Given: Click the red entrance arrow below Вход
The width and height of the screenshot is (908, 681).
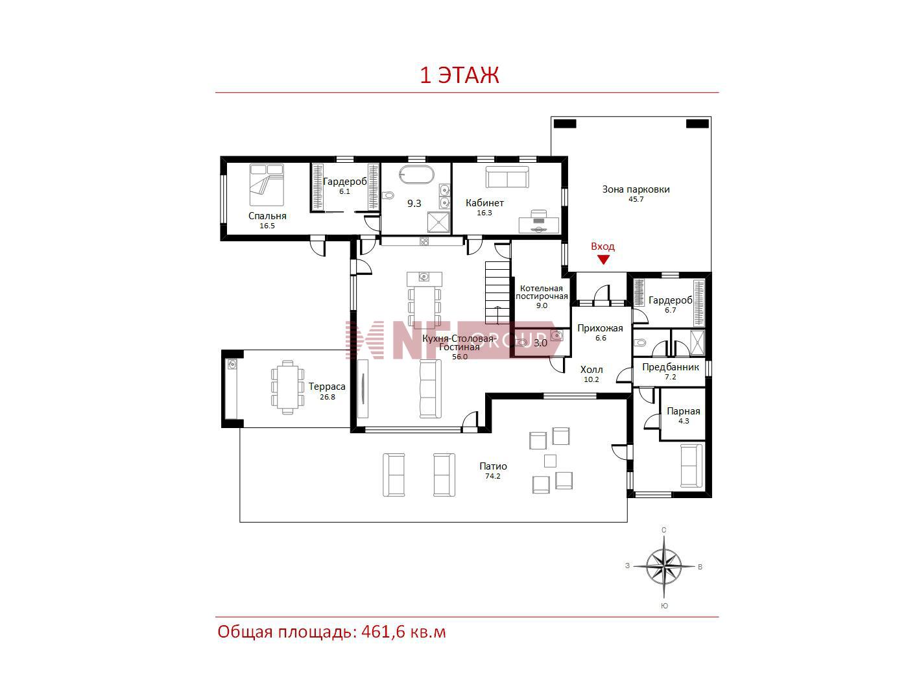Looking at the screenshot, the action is [603, 259].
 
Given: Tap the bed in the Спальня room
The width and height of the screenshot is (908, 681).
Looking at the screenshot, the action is [267, 185].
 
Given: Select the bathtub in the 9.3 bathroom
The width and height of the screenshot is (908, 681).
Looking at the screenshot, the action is [416, 174].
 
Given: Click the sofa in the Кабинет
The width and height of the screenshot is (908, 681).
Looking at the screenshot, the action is [507, 177].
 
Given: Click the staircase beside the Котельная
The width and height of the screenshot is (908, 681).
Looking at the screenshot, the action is [497, 293].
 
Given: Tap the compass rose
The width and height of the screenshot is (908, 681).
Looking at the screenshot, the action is [663, 566].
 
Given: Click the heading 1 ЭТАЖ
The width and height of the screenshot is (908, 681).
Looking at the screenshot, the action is [459, 75].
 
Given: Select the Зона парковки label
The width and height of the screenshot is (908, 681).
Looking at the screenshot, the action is [636, 189].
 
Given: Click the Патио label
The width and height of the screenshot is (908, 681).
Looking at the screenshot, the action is [493, 466].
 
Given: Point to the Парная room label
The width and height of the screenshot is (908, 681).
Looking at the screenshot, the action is [683, 411].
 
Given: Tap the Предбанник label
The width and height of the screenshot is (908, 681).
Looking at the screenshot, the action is [670, 366].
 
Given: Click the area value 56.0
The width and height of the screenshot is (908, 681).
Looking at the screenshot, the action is [459, 357].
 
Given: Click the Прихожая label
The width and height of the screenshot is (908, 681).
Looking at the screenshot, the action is [600, 328].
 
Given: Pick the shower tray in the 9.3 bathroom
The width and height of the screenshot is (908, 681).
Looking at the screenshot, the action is [438, 222].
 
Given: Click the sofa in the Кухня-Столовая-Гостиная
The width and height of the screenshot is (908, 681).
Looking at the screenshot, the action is [430, 388].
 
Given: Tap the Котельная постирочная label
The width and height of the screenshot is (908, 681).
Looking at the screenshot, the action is [542, 293].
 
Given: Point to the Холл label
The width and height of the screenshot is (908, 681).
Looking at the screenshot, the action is [591, 370].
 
